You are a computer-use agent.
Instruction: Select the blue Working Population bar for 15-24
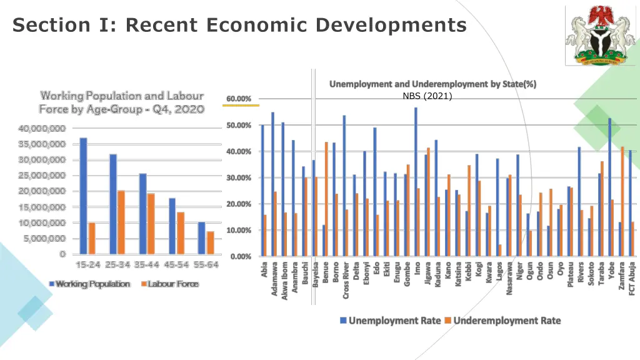click(x=83, y=196)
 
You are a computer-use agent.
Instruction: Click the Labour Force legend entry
click(x=169, y=284)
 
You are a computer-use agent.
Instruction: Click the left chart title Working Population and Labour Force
click(x=122, y=102)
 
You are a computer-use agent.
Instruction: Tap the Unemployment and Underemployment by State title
click(x=432, y=84)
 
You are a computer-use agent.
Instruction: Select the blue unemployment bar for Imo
click(x=416, y=181)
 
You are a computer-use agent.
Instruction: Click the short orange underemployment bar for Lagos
click(x=500, y=250)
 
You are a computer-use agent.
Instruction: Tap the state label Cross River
click(x=346, y=281)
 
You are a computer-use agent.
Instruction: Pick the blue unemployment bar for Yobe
click(x=609, y=187)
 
